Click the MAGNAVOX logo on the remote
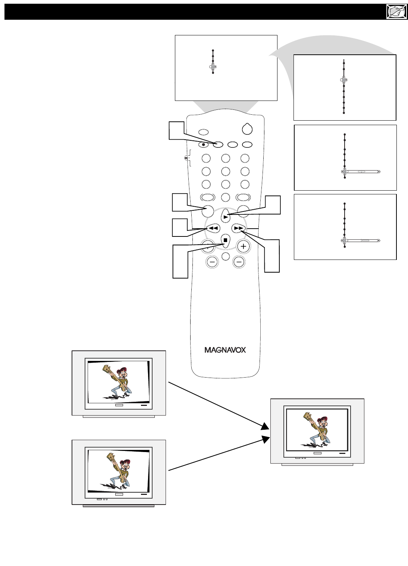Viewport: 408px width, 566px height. pos(225,350)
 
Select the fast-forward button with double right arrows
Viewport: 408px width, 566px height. pos(238,228)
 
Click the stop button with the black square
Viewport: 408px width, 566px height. pos(225,240)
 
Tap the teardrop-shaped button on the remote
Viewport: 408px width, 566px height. pos(247,129)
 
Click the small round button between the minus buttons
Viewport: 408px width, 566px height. pos(225,256)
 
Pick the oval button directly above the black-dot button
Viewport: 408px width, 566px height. pos(203,131)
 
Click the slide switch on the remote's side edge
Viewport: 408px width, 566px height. pos(186,158)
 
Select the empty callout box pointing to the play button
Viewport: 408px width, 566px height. pos(272,205)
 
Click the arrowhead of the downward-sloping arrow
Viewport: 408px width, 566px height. pos(265,426)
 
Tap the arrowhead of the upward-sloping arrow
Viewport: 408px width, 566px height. pos(266,440)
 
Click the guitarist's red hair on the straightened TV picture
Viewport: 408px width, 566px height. pos(325,419)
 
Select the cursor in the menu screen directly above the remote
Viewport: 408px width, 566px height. pos(213,67)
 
